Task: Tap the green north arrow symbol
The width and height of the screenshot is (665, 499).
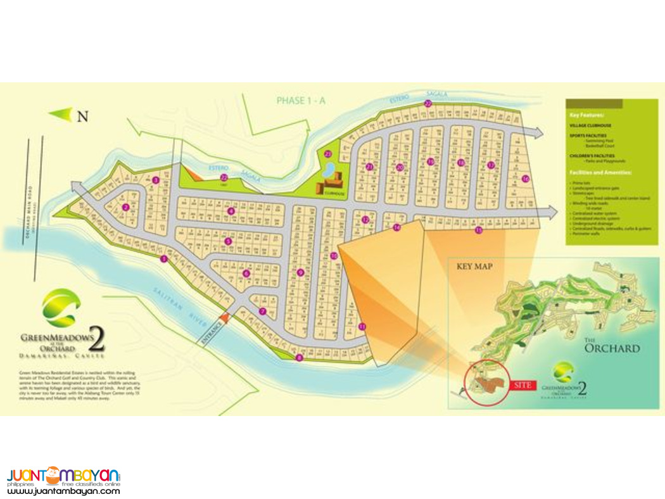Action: click(61, 115)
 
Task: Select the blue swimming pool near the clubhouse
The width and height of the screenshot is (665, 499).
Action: click(329, 169)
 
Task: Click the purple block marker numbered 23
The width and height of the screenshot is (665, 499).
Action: click(328, 154)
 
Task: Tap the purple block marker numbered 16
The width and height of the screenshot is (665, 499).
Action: click(525, 179)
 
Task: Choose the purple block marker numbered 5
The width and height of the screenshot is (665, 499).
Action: click(228, 241)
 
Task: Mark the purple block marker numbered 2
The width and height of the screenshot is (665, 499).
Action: click(125, 207)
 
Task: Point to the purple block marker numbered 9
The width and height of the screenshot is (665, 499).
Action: click(300, 273)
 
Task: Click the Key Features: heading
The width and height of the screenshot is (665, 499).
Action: click(586, 116)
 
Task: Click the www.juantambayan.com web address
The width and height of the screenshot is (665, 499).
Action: click(63, 490)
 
